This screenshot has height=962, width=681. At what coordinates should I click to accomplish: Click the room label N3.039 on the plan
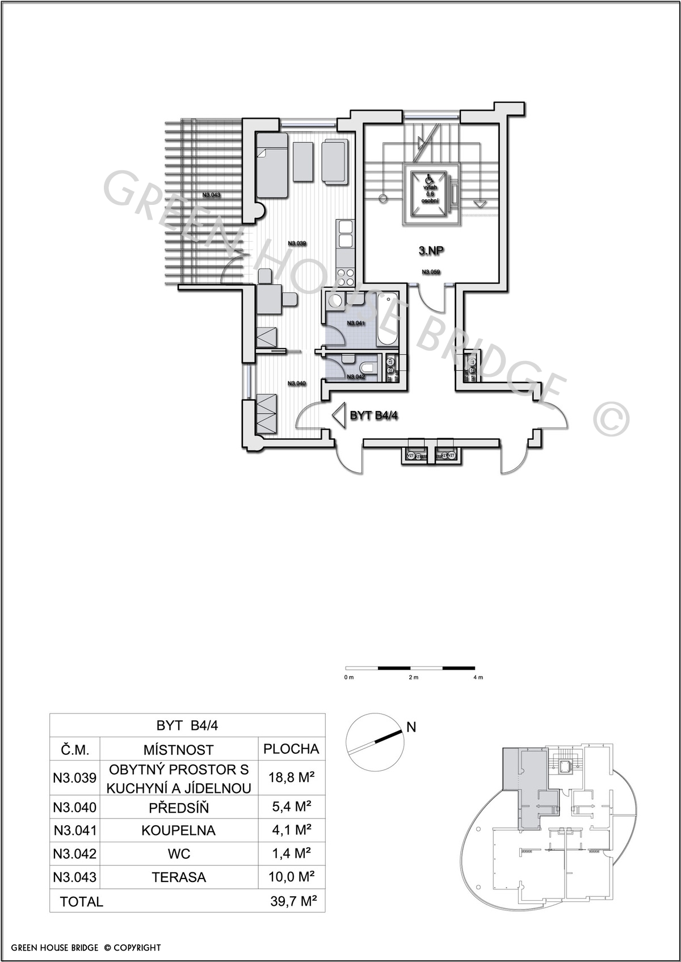(x=297, y=243)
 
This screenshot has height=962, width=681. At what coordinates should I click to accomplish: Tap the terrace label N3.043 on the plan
(x=211, y=195)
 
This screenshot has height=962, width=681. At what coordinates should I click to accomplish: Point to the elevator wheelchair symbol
(x=429, y=179)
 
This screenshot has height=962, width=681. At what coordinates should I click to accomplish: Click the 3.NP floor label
(x=431, y=250)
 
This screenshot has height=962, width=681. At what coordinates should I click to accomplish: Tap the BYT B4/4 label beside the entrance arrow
(x=374, y=415)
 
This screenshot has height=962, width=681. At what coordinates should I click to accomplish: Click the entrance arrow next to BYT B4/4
(x=339, y=415)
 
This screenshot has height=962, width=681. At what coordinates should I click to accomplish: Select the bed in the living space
(x=272, y=165)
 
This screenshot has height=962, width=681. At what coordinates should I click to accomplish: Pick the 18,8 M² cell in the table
(x=291, y=778)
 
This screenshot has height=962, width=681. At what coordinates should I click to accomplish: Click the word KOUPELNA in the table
(x=178, y=831)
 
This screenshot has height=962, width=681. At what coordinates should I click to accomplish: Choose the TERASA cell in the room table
(x=178, y=877)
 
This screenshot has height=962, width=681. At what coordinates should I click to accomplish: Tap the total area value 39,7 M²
(x=293, y=901)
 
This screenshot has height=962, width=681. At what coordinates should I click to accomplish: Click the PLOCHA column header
(x=291, y=749)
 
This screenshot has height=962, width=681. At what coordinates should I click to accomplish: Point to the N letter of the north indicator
(x=411, y=727)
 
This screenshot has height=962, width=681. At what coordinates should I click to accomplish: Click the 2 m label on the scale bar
(x=413, y=678)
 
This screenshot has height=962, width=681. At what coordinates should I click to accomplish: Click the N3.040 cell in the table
(x=75, y=807)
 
